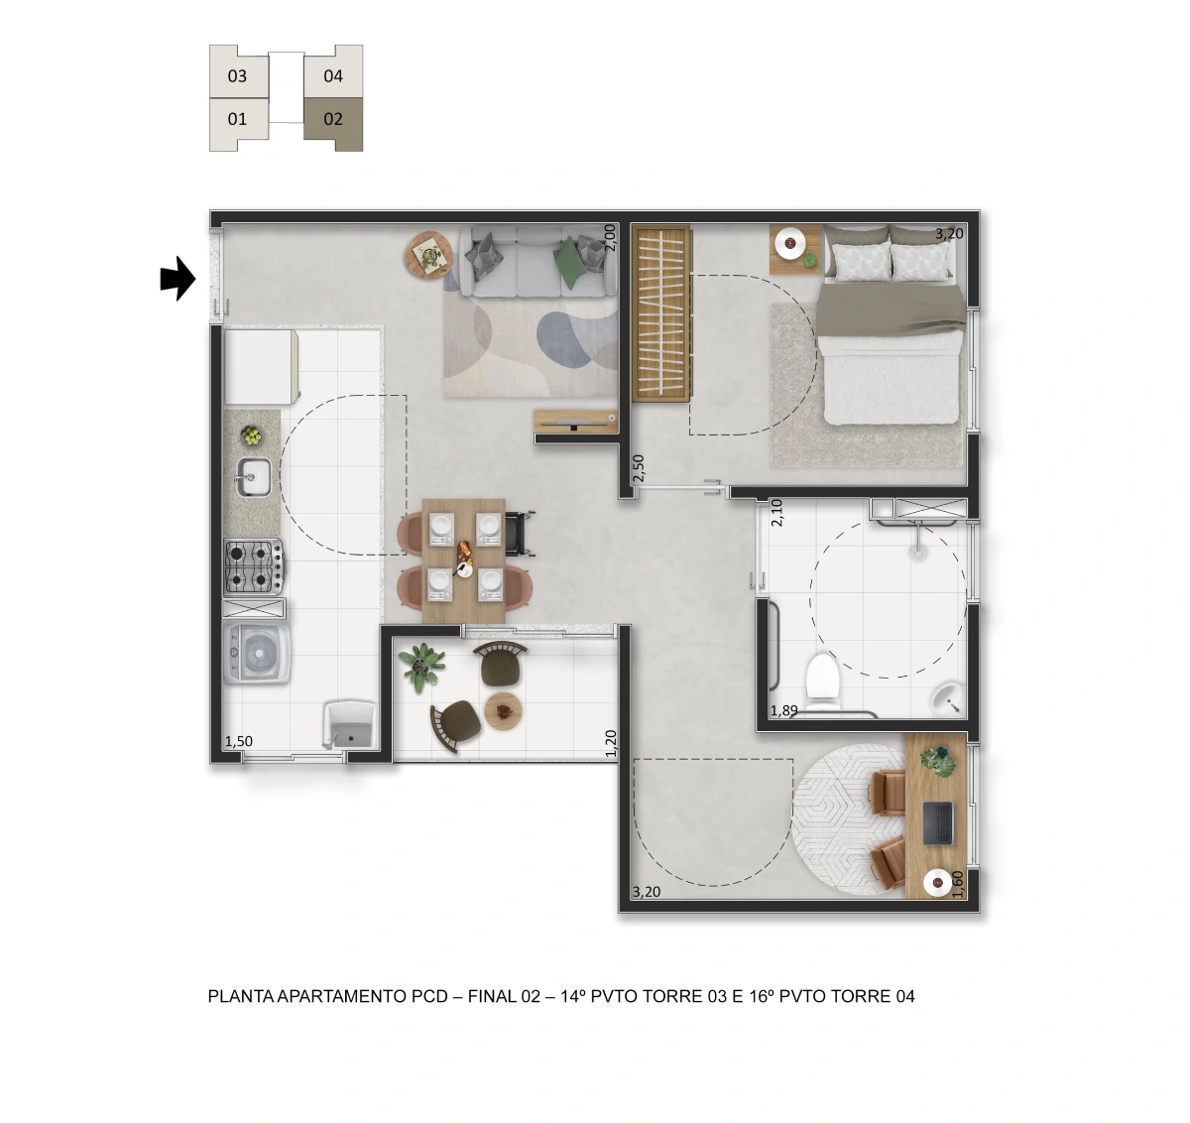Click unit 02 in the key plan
[x=333, y=122]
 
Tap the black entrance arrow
[x=178, y=279]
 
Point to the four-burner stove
[x=254, y=566]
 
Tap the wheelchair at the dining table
[x=520, y=534]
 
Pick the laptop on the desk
[x=938, y=823]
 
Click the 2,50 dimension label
[x=639, y=467]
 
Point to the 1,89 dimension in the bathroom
[x=783, y=710]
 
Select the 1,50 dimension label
[x=238, y=741]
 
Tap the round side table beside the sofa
[x=429, y=254]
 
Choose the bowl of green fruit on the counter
[x=251, y=436]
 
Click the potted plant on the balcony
[x=423, y=667]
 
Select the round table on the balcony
[x=503, y=711]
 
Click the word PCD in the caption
[x=429, y=996]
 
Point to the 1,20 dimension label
[x=611, y=743]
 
